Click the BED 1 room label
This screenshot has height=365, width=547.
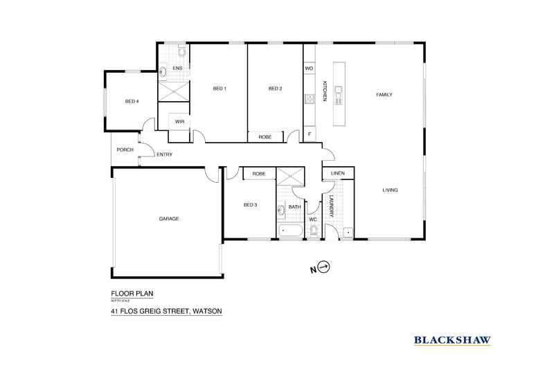[219, 89]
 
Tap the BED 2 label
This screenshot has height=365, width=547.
[276, 89]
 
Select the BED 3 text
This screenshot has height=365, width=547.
[250, 205]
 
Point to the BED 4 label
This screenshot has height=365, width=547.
[132, 102]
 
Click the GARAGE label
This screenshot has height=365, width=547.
[169, 219]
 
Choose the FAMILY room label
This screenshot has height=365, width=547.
[384, 95]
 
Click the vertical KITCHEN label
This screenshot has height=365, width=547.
[324, 91]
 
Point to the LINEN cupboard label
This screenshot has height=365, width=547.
[338, 173]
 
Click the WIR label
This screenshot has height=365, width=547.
[179, 121]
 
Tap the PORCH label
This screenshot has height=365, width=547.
[125, 150]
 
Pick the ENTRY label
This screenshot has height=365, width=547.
[164, 154]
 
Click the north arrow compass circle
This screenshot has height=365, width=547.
[325, 267]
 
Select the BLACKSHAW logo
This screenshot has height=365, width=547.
[452, 339]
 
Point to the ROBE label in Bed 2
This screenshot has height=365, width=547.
[264, 137]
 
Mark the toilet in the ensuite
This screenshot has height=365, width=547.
[181, 51]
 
